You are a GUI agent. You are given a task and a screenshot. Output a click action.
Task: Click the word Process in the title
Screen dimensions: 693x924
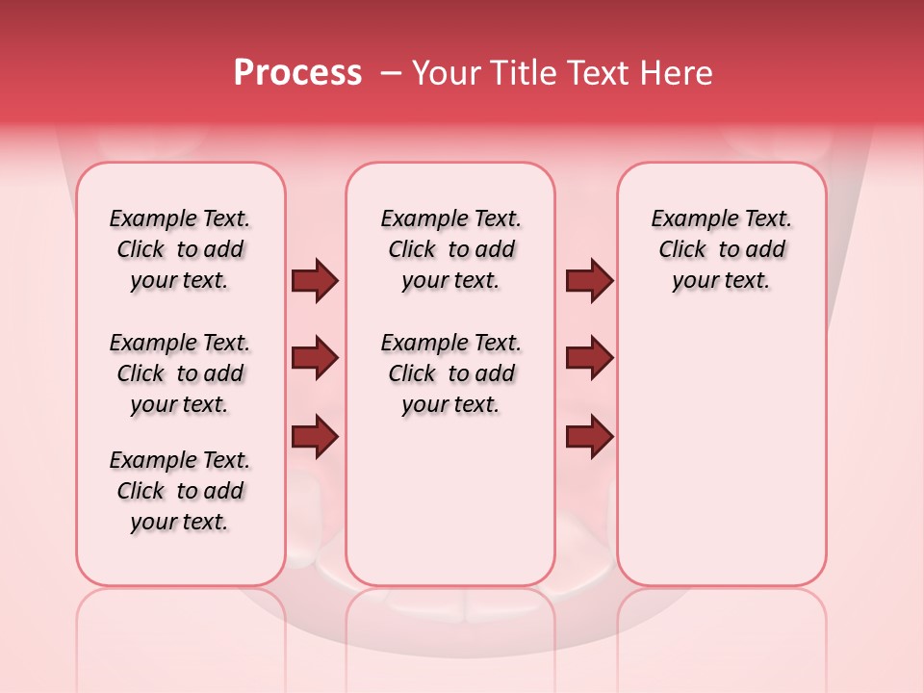[x=297, y=73]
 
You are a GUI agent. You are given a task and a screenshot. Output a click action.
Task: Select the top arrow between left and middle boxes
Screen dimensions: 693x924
[x=315, y=280]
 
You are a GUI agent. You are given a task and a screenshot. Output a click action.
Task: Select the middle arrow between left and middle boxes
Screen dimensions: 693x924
[x=315, y=358]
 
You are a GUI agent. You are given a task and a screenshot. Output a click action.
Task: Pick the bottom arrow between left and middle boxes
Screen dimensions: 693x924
[x=315, y=437]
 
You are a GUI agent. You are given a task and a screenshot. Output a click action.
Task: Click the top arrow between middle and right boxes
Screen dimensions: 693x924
[x=589, y=280]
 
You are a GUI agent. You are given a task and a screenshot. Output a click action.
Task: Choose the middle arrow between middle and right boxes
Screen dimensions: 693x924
[x=589, y=358]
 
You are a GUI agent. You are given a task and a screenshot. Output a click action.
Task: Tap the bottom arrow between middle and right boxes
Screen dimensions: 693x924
[x=589, y=437]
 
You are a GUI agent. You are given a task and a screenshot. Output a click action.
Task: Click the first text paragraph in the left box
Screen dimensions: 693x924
[x=180, y=249]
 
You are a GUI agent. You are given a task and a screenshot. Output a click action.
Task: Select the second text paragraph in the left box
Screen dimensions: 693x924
[x=180, y=373]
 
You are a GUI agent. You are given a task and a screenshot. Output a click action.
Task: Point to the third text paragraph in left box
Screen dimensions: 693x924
[x=180, y=491]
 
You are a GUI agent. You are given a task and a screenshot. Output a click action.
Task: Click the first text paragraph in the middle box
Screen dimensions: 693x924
[x=450, y=249]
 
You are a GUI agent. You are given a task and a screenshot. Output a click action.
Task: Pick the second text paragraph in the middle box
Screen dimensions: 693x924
[x=450, y=373]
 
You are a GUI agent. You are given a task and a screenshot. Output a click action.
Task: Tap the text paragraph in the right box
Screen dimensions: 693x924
[x=721, y=249]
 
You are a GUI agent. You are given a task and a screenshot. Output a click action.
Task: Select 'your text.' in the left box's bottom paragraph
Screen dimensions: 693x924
[x=179, y=522]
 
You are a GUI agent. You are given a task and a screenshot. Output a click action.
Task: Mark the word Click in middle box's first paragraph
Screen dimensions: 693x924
[x=412, y=250]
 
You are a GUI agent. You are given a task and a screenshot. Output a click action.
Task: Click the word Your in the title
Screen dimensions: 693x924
[x=447, y=73]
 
